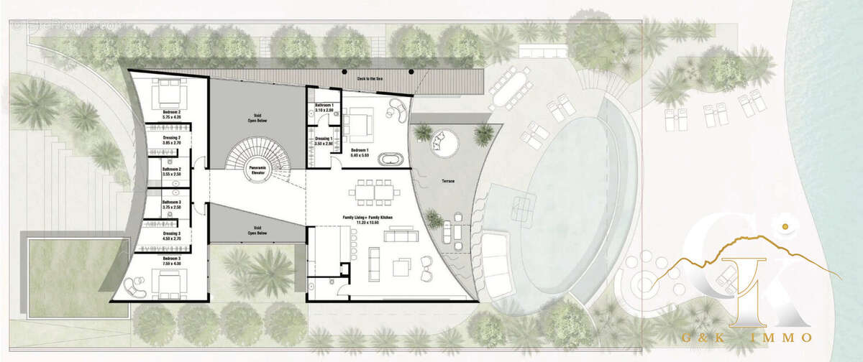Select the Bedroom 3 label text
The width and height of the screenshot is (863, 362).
171,260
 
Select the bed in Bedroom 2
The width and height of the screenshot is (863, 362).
170,93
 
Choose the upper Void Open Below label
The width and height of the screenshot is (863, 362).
257,118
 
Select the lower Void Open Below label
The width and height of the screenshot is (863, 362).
257,231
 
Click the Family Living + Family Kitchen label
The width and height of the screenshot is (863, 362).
367,219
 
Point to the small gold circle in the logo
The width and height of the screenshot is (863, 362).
786,228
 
